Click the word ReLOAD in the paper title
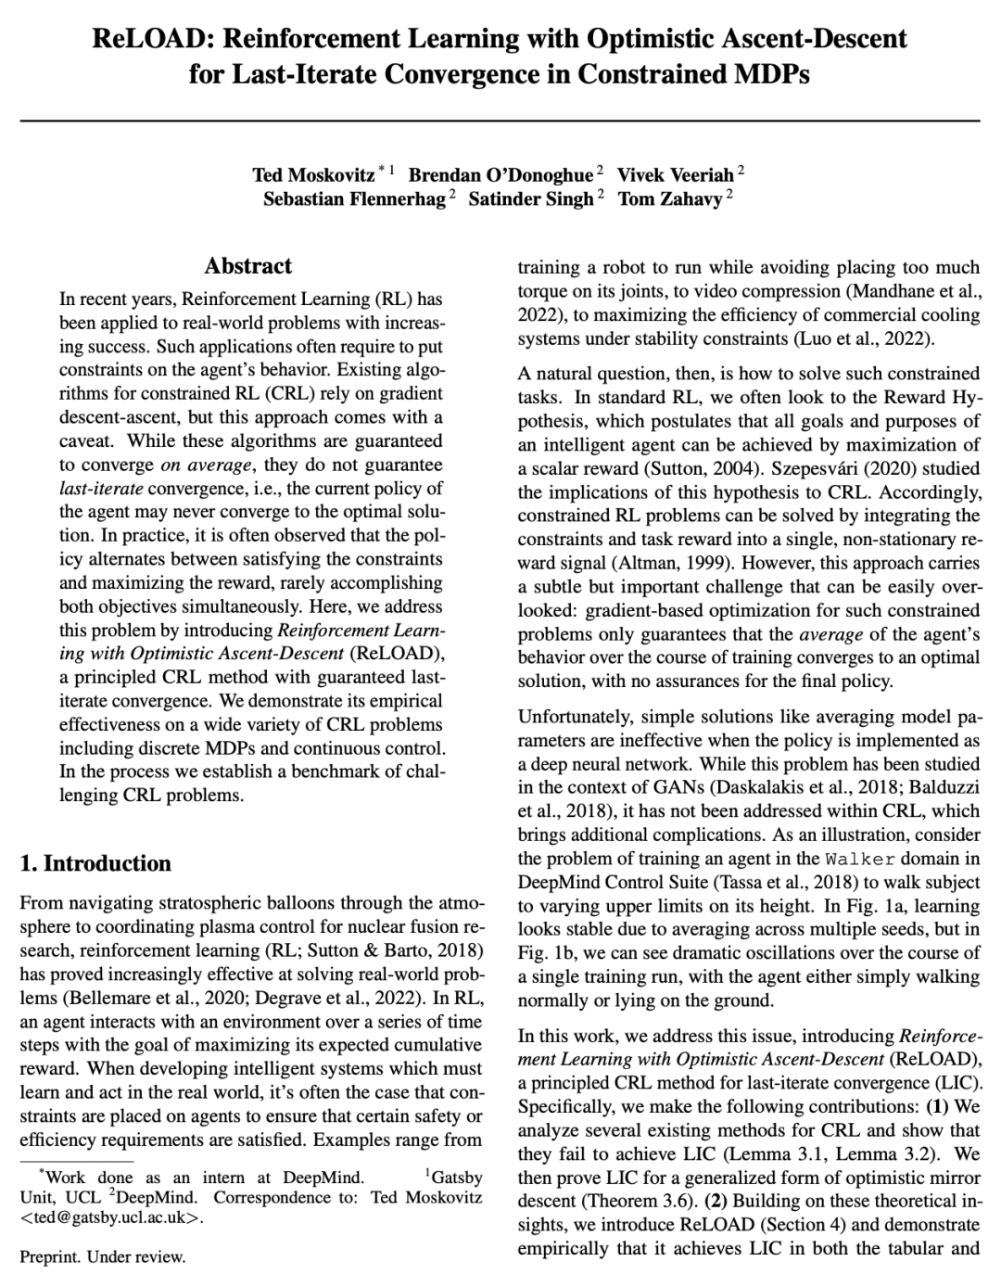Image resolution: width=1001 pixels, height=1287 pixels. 143,39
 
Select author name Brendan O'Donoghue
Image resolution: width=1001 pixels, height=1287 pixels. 500,175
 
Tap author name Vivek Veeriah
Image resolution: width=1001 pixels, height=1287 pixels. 676,175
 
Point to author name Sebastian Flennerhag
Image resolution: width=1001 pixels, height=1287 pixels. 354,199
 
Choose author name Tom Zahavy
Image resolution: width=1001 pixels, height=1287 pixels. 670,199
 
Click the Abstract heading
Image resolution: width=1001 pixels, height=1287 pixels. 247,266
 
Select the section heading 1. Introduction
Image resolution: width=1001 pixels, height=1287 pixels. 95,863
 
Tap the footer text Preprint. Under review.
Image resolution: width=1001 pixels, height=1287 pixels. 103,1257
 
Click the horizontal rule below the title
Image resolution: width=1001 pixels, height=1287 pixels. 500,121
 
